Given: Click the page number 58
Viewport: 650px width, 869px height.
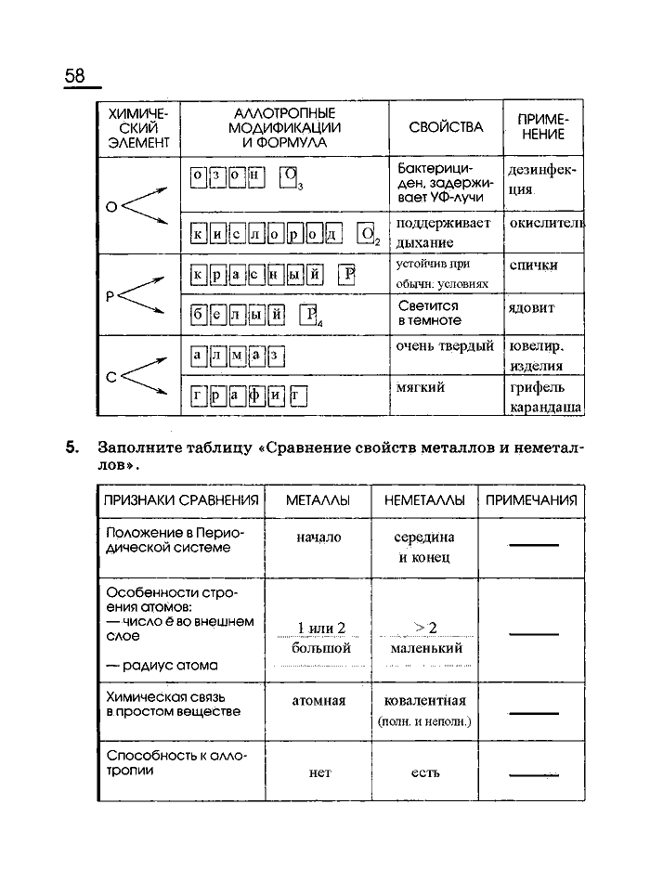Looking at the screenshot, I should (75, 75).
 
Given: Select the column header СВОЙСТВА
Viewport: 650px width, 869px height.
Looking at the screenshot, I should (446, 127).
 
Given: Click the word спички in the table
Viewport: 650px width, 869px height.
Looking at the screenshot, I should (534, 266).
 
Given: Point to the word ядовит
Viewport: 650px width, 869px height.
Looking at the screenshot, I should (531, 307).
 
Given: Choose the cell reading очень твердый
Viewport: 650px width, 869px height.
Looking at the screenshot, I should (445, 346).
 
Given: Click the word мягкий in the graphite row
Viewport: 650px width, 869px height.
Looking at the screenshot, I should (425, 386).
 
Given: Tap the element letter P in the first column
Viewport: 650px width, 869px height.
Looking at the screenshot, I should (110, 296).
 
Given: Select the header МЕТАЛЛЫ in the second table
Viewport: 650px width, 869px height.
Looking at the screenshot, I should (318, 500).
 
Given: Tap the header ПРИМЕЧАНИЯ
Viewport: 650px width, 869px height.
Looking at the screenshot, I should (531, 500).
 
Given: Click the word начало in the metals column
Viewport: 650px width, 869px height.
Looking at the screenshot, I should (318, 538).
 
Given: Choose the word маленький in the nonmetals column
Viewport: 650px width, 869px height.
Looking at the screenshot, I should (425, 648).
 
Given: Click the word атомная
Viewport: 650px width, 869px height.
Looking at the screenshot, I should (318, 701).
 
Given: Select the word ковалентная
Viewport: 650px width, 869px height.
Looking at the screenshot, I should (425, 700).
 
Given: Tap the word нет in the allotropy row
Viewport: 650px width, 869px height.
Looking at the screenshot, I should (319, 772).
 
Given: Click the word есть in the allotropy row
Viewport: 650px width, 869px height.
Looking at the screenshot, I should (424, 772).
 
